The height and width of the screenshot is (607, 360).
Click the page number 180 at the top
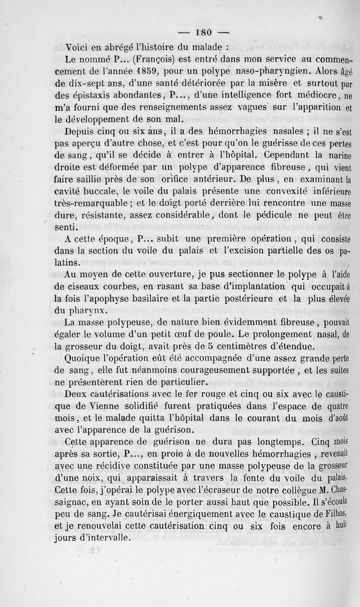(207, 32)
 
